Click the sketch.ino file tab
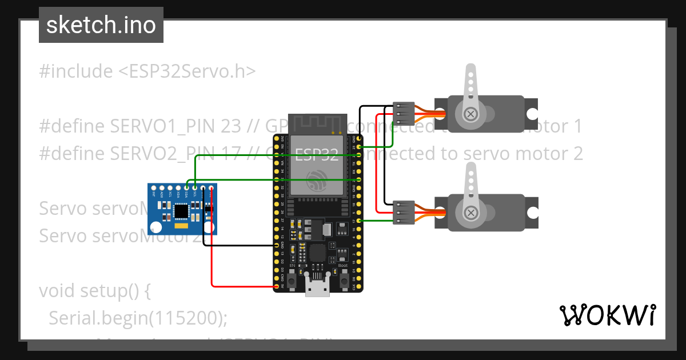click(101, 25)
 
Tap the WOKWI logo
click(607, 315)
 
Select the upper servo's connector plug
click(404, 114)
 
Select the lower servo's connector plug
click(404, 211)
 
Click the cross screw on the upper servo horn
click(470, 114)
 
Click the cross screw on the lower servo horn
click(471, 213)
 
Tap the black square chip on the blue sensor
click(181, 211)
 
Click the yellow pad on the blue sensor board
click(181, 227)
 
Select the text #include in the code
click(76, 71)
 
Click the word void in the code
click(58, 291)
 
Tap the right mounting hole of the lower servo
click(532, 213)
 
